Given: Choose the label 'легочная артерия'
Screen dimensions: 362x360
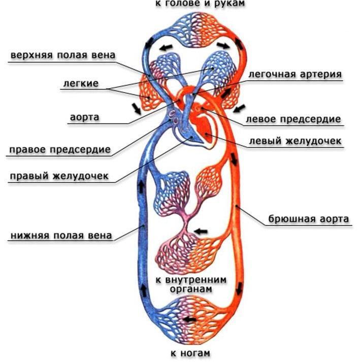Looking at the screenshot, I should (294, 74).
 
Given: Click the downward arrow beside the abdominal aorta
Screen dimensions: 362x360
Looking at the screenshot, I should (235, 162).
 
